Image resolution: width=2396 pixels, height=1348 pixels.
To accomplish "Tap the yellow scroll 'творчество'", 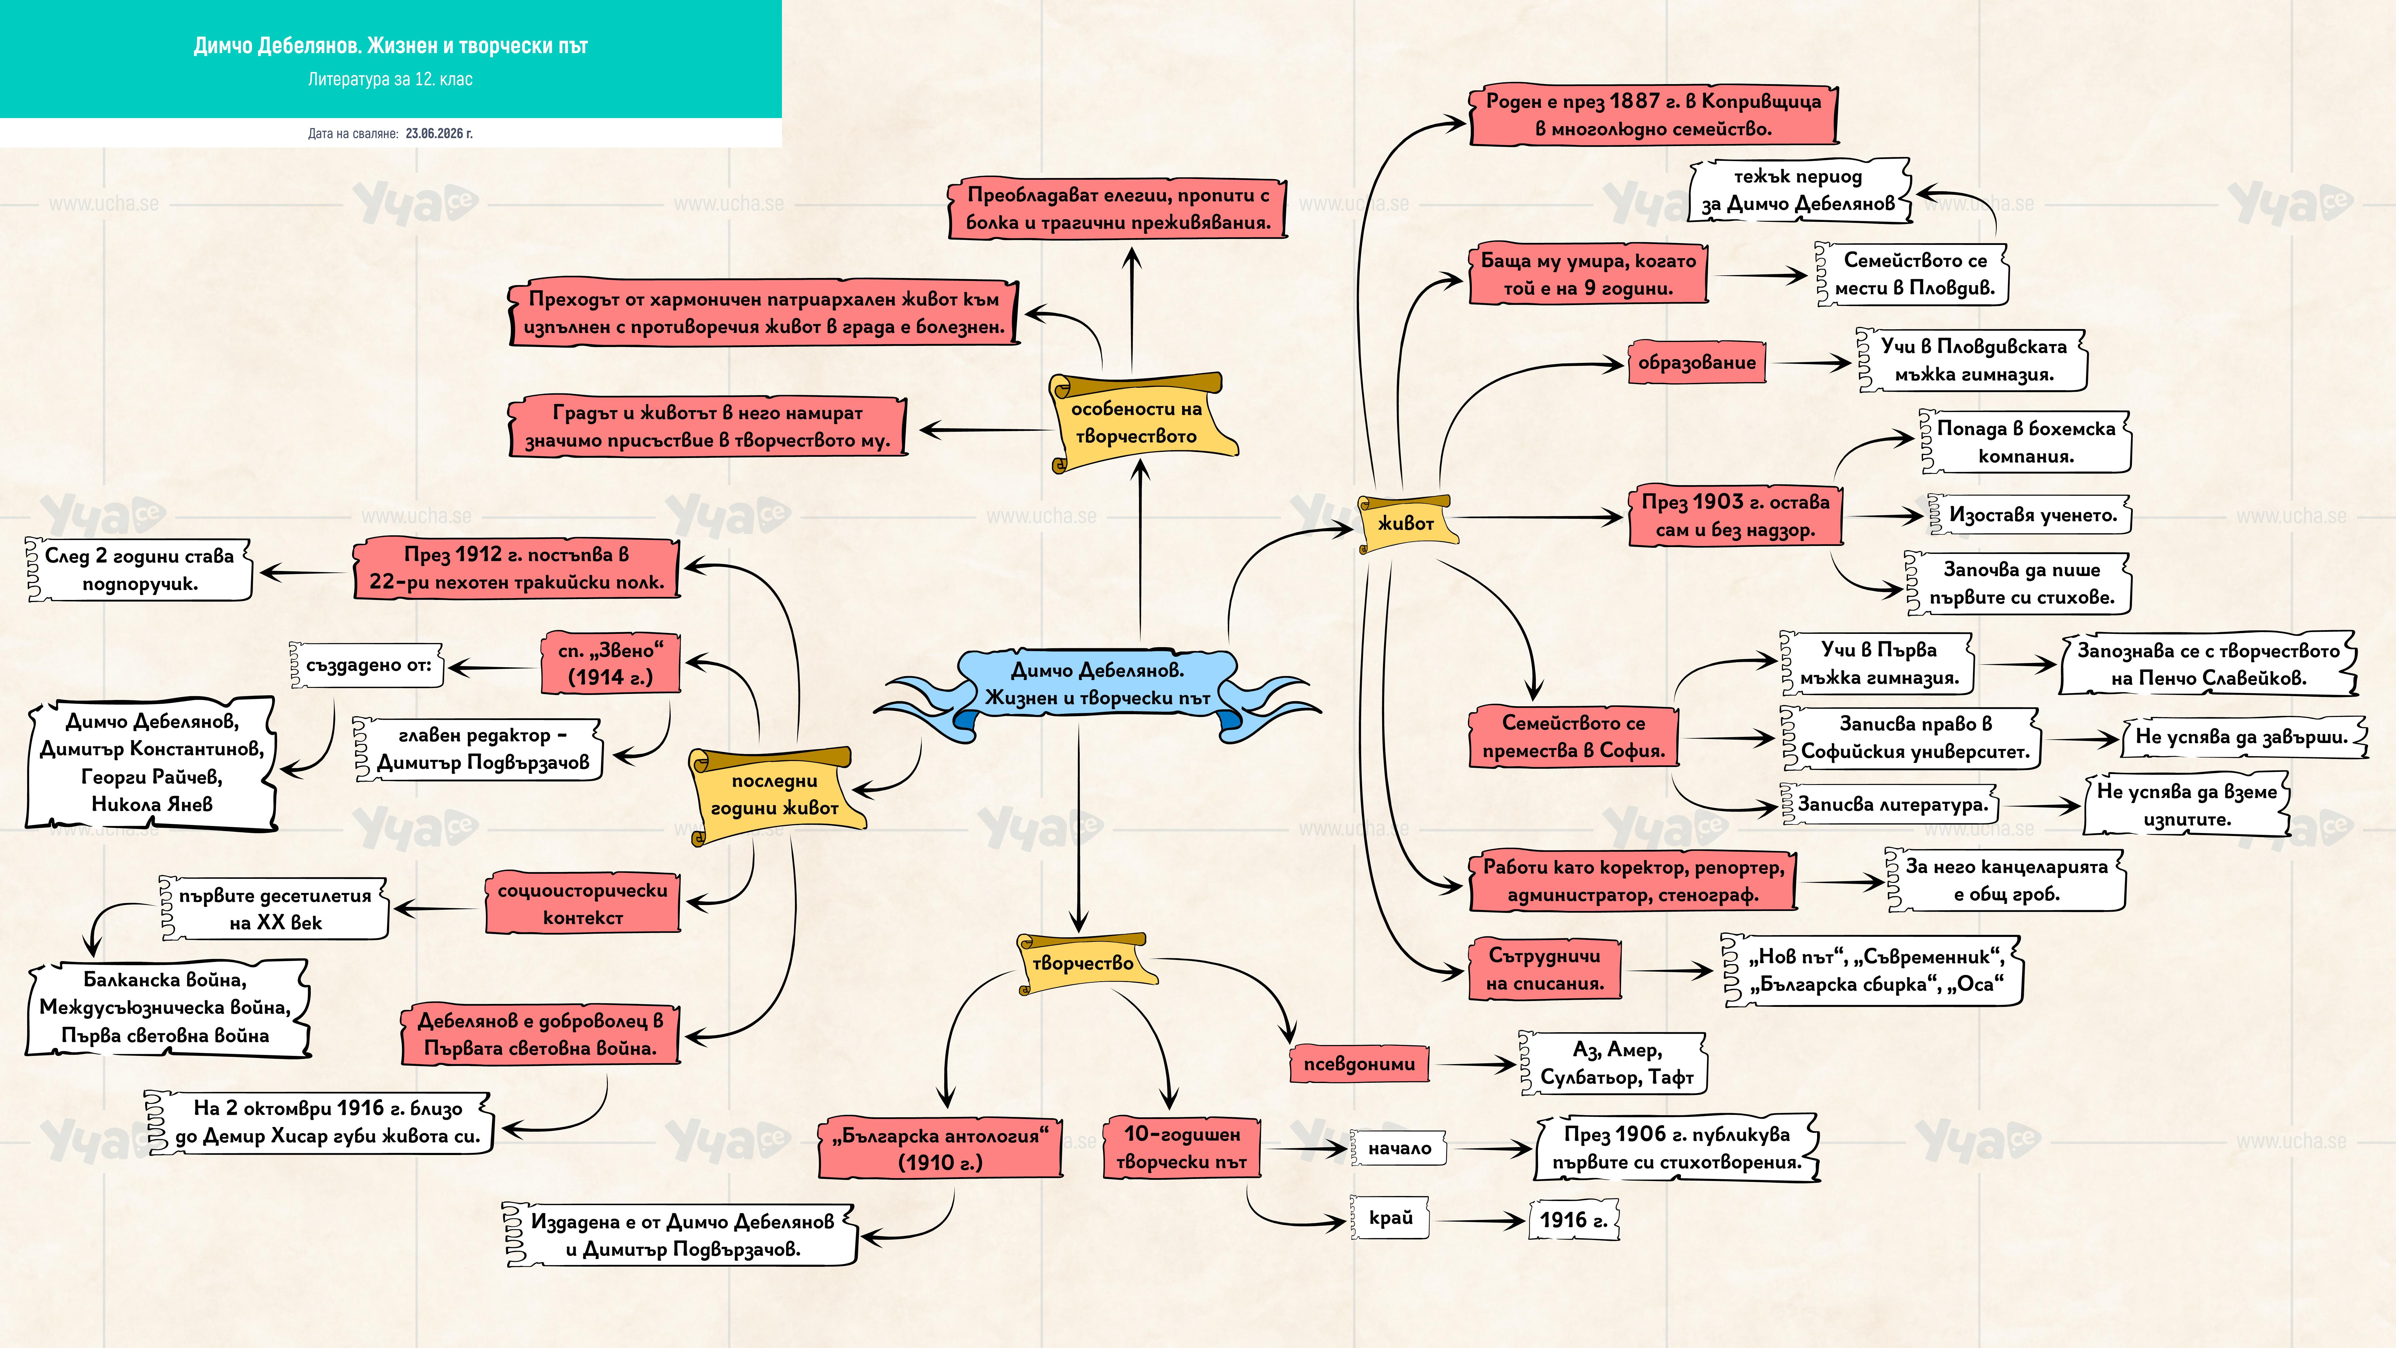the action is (1084, 963).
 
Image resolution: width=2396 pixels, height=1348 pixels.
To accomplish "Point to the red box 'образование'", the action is (1697, 363).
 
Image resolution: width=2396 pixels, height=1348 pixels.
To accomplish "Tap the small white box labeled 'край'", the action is (1390, 1218).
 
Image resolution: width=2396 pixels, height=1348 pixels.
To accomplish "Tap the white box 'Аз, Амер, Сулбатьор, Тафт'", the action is (1616, 1063).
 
